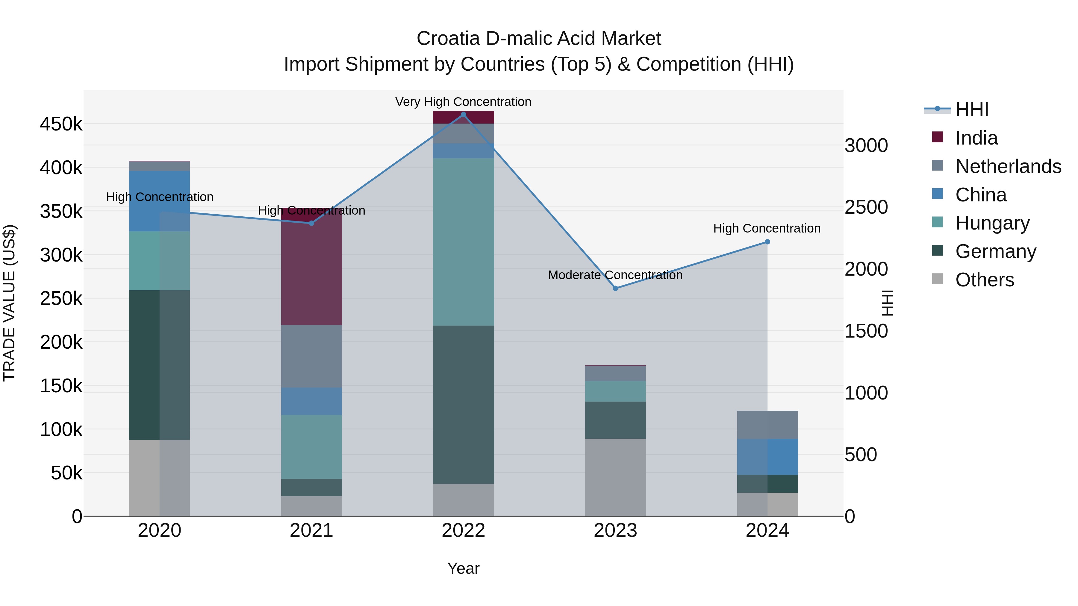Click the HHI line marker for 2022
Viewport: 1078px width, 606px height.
(x=463, y=115)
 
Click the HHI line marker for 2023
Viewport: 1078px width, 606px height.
(x=615, y=288)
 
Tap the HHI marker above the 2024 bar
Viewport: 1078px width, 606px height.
(x=767, y=242)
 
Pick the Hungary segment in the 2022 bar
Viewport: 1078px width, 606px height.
(x=463, y=242)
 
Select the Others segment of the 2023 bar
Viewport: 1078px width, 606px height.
(x=615, y=477)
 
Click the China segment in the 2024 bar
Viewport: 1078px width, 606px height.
(x=767, y=457)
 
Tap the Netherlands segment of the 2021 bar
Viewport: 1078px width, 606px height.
(x=311, y=356)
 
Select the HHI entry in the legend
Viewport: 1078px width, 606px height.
(x=972, y=110)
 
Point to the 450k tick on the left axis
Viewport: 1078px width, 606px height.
(x=61, y=124)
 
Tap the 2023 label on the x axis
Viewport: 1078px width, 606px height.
(x=615, y=531)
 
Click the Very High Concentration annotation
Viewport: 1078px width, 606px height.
(x=463, y=102)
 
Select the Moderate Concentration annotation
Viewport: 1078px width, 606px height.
(x=615, y=275)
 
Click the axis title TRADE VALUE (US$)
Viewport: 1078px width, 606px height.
(x=9, y=303)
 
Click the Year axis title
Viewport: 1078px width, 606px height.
(x=463, y=568)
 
